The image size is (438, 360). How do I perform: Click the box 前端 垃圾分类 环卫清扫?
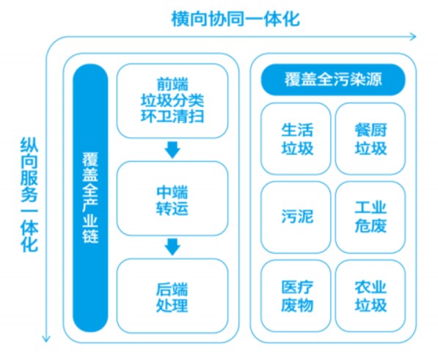tap(172, 99)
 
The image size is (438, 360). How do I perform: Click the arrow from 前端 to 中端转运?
tap(172, 150)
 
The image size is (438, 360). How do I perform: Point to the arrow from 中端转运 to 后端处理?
tap(172, 246)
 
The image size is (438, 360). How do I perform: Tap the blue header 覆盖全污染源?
tap(334, 80)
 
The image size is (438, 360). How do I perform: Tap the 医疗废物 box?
tap(296, 295)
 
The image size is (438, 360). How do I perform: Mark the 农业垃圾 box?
tap(370, 295)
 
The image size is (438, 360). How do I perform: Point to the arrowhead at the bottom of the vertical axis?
tap(46, 338)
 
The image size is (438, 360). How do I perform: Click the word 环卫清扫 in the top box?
tap(172, 116)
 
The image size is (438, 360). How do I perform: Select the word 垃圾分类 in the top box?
tap(172, 100)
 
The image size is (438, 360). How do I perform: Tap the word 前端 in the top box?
tap(172, 83)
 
